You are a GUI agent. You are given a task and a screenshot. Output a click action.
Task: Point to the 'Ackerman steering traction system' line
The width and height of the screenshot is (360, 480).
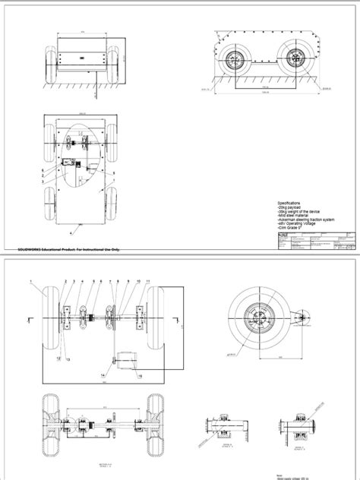pos(305,220)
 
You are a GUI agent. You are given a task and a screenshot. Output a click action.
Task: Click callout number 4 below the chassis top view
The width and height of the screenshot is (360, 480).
pos(72,226)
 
